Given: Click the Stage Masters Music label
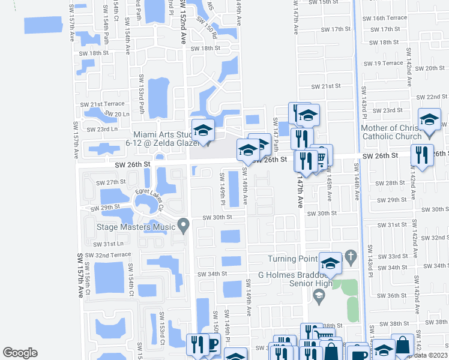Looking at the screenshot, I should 136,227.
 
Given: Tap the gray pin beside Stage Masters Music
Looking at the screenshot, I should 184,226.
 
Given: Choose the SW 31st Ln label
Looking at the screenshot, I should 107,244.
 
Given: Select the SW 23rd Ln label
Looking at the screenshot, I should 101,129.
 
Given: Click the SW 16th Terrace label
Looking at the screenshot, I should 390,19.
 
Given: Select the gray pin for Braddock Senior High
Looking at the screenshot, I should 318,294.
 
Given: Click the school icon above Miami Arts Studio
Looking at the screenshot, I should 203,130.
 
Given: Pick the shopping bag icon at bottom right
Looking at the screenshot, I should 402,345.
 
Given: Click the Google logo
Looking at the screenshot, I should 20,352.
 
